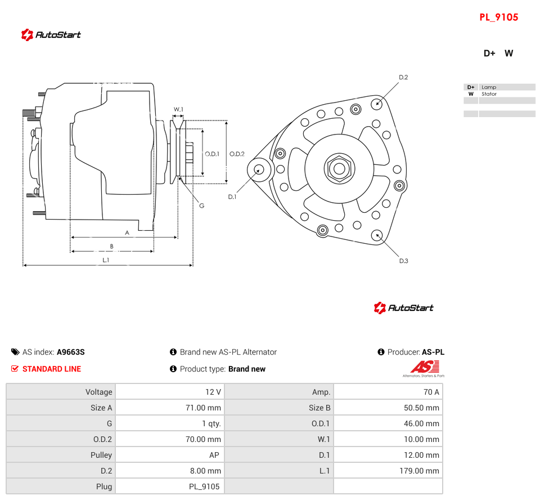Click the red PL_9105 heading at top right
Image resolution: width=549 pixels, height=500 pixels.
click(x=498, y=17)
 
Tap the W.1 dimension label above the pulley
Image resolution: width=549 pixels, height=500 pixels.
click(x=178, y=109)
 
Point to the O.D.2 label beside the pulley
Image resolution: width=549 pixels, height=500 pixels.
click(x=237, y=154)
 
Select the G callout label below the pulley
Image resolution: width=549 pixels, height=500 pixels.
click(x=202, y=206)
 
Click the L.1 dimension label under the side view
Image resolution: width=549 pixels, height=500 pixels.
click(x=106, y=260)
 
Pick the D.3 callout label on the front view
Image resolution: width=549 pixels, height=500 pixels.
click(x=404, y=261)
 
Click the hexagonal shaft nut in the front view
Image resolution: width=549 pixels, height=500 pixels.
click(x=339, y=168)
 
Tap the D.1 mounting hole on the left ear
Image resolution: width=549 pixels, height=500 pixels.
click(x=259, y=169)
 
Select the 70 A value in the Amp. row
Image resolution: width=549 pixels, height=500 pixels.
click(x=431, y=392)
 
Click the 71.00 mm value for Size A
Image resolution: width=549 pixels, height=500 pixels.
click(x=203, y=408)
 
